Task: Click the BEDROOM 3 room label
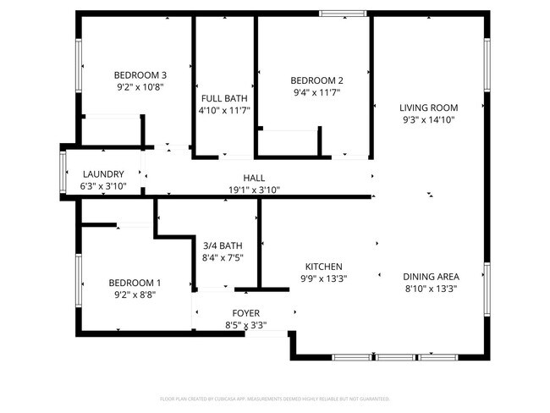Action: pos(140,74)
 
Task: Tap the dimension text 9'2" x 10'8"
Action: pos(140,86)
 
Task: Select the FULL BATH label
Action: pos(224,98)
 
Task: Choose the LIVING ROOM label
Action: pos(429,107)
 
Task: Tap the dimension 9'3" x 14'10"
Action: pos(429,120)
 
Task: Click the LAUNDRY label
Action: pos(103,174)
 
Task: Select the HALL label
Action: pos(254,178)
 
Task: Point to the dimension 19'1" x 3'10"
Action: pos(254,190)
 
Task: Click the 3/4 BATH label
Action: pos(223,245)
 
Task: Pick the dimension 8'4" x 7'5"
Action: pos(223,258)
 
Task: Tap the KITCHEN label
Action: pos(323,265)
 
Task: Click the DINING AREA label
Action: pos(431,277)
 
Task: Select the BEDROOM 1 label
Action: pos(135,283)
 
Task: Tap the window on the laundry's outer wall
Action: pos(63,174)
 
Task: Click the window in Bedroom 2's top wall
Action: pos(343,13)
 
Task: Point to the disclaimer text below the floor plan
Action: pos(274,398)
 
